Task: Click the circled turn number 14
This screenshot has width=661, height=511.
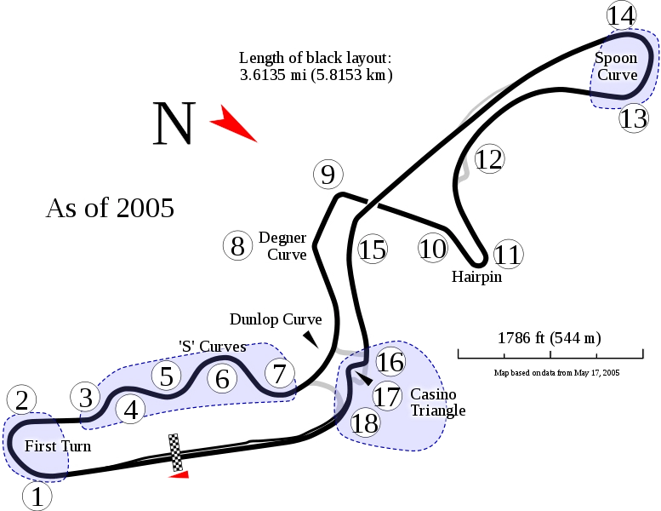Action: click(x=621, y=15)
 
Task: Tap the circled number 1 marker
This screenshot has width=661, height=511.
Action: click(x=37, y=497)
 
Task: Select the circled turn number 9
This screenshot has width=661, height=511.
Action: click(x=328, y=175)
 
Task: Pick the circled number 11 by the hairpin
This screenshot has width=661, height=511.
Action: click(x=508, y=254)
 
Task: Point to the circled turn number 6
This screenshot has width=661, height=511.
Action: click(x=222, y=378)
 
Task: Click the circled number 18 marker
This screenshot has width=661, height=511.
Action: click(x=365, y=422)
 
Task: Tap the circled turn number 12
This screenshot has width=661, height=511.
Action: click(x=489, y=159)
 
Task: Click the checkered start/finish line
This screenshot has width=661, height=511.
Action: click(x=175, y=452)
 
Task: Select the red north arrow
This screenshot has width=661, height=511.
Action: click(x=233, y=123)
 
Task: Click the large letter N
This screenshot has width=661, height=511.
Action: click(x=174, y=123)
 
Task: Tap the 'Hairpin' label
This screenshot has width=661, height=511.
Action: click(x=476, y=277)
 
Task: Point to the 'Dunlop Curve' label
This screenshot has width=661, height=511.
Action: click(x=276, y=319)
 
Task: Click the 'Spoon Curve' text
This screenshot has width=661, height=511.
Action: click(x=616, y=66)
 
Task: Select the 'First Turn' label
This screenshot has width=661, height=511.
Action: click(x=58, y=446)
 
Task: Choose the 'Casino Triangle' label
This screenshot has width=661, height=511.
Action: click(x=438, y=402)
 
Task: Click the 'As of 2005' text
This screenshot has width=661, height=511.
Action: click(x=110, y=208)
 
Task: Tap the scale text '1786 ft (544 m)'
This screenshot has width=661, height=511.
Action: click(x=550, y=338)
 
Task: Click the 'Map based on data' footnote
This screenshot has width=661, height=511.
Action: click(x=556, y=372)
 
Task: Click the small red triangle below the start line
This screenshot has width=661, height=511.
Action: click(x=179, y=474)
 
